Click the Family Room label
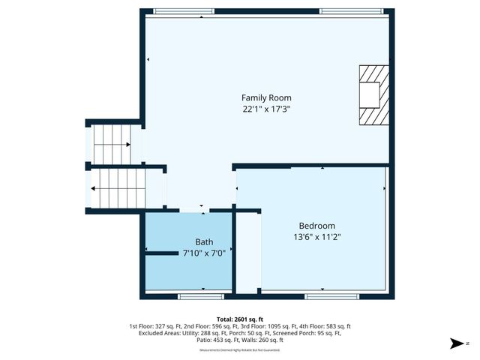click(266, 97)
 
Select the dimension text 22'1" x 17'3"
click(266, 109)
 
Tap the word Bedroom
click(316, 226)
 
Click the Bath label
click(204, 242)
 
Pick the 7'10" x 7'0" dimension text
click(204, 253)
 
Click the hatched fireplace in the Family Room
click(373, 94)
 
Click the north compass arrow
click(456, 343)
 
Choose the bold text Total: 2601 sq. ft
click(240, 318)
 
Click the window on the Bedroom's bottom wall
click(327, 296)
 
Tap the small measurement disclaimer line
click(239, 349)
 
